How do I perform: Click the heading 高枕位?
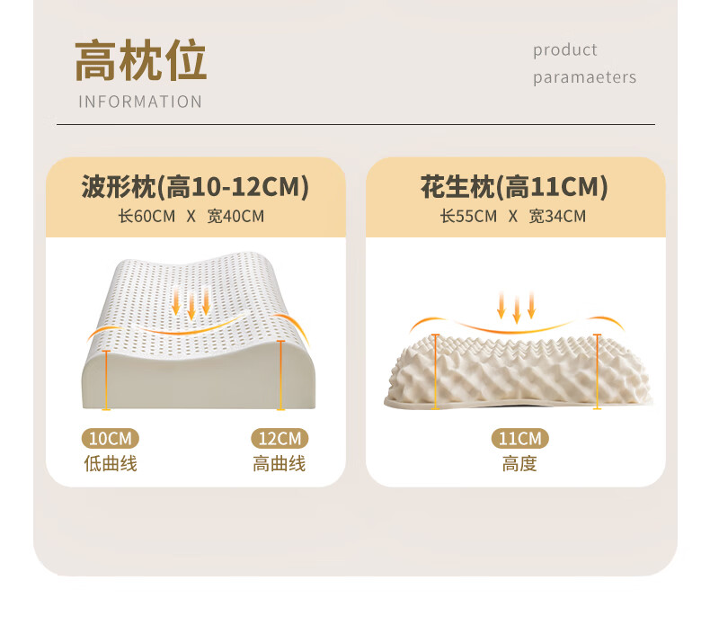coord(140,61)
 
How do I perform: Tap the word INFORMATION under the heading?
coord(140,102)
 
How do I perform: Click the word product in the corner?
coord(564,50)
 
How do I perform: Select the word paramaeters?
coord(584,77)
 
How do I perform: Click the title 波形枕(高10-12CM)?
coord(195,187)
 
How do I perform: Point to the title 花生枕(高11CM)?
coord(514,187)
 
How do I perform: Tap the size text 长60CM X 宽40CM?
coord(191,216)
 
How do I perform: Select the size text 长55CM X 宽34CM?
coord(512,216)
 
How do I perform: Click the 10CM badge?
coord(111,439)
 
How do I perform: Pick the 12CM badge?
coord(279,439)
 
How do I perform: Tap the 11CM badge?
coord(519,439)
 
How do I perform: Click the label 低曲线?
coord(111,464)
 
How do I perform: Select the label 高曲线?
coord(279,464)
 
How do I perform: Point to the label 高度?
coord(519,464)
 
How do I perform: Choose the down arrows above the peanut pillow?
coord(517,306)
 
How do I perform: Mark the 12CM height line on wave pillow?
coord(281,376)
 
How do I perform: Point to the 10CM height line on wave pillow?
coord(107,380)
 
